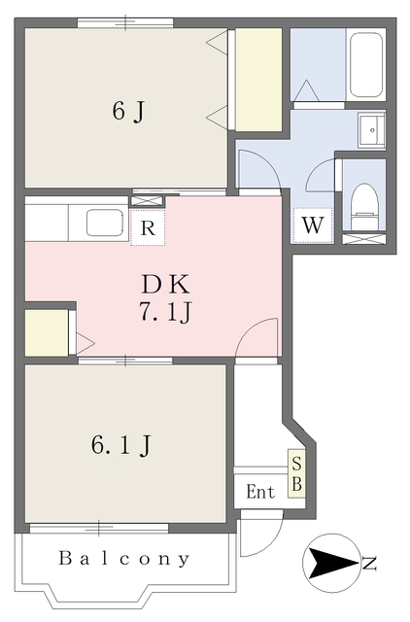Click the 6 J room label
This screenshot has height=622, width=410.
tap(127, 111)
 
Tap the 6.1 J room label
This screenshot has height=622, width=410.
tap(121, 445)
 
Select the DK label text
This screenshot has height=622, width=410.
tap(166, 284)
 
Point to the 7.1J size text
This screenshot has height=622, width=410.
tap(165, 312)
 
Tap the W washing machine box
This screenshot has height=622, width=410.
tap(313, 225)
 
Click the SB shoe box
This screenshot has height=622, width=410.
tap(296, 473)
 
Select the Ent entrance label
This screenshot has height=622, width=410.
tap(260, 492)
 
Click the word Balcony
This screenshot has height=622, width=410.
tap(124, 558)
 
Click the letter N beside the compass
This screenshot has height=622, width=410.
tap(369, 564)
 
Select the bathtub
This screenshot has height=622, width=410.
tap(366, 64)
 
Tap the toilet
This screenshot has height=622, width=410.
tap(364, 206)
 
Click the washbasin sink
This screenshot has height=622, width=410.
tap(371, 129)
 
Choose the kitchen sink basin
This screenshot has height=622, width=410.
tap(105, 223)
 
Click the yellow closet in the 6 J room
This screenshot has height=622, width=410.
tap(258, 80)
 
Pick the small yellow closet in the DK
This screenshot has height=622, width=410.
tap(47, 332)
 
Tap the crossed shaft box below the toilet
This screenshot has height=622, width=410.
tap(364, 239)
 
